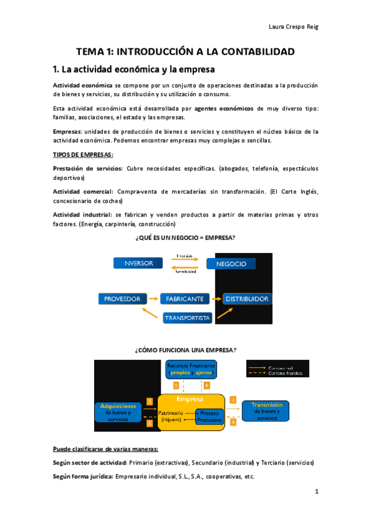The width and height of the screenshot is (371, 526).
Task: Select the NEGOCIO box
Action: click(x=231, y=264)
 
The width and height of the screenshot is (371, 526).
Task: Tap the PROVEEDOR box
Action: click(x=122, y=299)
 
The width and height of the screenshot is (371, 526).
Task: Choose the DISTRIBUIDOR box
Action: click(x=247, y=299)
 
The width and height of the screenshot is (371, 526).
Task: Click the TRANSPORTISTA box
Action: click(x=188, y=318)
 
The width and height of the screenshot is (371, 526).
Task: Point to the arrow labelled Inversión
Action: click(x=184, y=259)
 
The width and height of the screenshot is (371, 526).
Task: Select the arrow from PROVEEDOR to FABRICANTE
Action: click(x=153, y=299)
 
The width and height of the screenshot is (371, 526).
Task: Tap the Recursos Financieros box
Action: click(x=191, y=370)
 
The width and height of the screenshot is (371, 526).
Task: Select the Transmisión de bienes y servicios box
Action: click(x=268, y=411)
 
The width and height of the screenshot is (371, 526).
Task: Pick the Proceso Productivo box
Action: click(x=208, y=416)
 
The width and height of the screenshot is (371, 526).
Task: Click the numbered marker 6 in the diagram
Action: click(x=207, y=386)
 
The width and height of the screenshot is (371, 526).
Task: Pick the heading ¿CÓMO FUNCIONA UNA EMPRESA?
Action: click(x=185, y=350)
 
